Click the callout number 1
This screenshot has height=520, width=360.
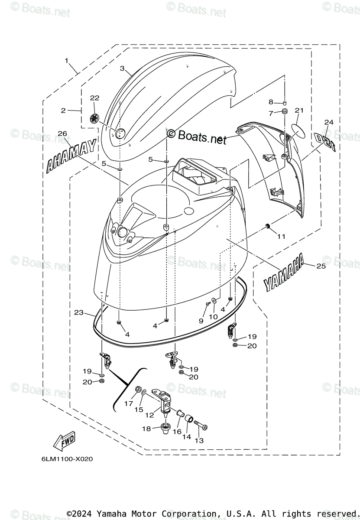tap(67, 61)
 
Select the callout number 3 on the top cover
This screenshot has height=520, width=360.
tap(122, 68)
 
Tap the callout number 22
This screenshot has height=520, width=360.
tap(94, 98)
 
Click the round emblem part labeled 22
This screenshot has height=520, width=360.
tap(95, 118)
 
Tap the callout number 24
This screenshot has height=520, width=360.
tap(329, 123)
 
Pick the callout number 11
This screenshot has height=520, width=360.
tap(282, 237)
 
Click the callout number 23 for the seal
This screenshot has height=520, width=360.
tap(78, 312)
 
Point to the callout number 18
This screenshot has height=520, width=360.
tap(146, 429)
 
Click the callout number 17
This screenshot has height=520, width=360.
tap(129, 403)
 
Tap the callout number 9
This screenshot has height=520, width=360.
tap(201, 321)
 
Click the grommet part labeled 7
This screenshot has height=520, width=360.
tap(285, 113)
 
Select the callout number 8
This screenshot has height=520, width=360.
tap(271, 102)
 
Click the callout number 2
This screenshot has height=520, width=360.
tap(63, 111)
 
